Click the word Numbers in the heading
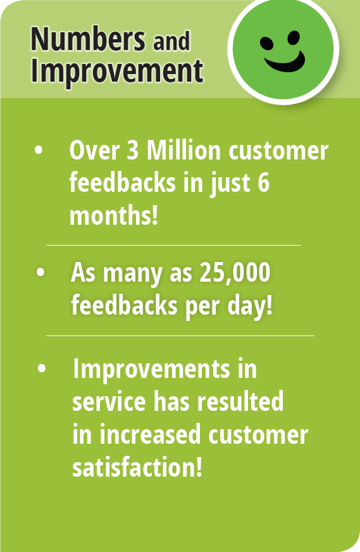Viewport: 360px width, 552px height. pyautogui.click(x=88, y=39)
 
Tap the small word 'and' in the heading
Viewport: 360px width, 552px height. pyautogui.click(x=171, y=41)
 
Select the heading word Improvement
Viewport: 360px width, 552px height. pyautogui.click(x=117, y=72)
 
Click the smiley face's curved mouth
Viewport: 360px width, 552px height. pyautogui.click(x=285, y=62)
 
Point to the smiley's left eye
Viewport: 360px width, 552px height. pyautogui.click(x=267, y=43)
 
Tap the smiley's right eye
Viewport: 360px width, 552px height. pyautogui.click(x=294, y=38)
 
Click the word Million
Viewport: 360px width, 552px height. pyautogui.click(x=183, y=150)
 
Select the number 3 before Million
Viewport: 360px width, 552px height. pyautogui.click(x=132, y=150)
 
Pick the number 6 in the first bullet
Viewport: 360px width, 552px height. pyautogui.click(x=263, y=183)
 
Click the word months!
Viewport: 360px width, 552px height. pyautogui.click(x=113, y=215)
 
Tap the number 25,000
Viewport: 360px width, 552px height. pyautogui.click(x=235, y=273)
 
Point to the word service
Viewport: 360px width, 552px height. pyautogui.click(x=109, y=402)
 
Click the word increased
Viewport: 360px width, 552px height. pyautogui.click(x=150, y=434)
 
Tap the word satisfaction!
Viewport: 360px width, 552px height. pyautogui.click(x=137, y=467)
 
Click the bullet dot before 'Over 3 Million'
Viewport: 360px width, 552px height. pyautogui.click(x=39, y=149)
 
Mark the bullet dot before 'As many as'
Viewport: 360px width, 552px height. pyautogui.click(x=40, y=272)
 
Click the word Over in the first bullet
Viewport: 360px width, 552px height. pyautogui.click(x=94, y=150)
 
